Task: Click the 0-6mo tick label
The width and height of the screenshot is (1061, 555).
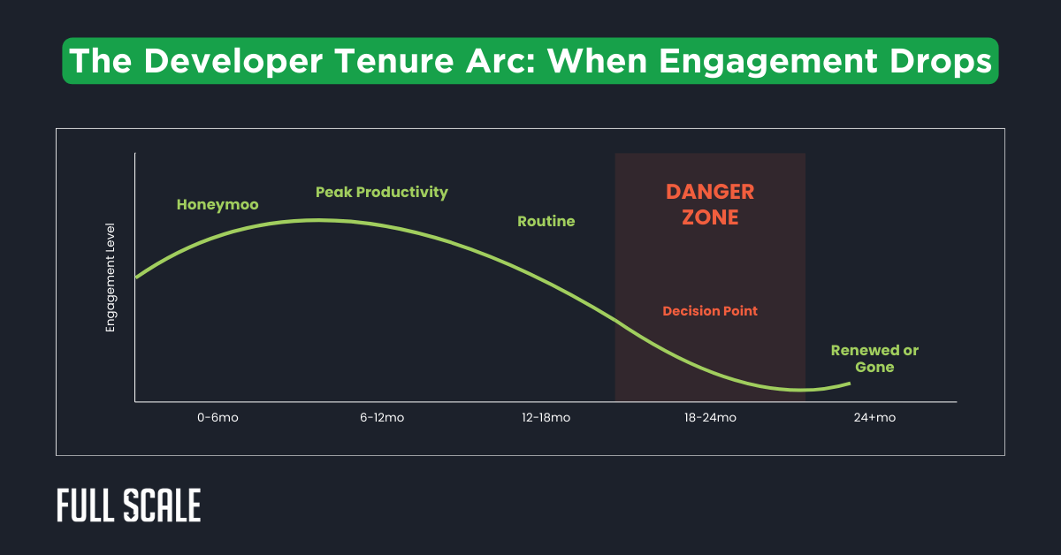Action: [218, 418]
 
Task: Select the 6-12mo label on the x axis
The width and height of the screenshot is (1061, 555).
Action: [382, 418]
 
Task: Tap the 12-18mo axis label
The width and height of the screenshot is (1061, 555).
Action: [546, 418]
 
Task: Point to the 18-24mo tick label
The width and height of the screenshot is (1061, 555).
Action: [711, 418]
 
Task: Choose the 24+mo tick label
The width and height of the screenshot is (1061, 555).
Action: [874, 418]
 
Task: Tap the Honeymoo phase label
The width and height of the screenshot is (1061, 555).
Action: [218, 205]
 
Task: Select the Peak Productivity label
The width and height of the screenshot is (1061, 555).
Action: [382, 192]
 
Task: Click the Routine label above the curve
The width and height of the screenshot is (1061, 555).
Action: [546, 221]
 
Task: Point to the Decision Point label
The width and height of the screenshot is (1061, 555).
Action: [710, 311]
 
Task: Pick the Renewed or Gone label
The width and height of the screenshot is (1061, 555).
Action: [874, 358]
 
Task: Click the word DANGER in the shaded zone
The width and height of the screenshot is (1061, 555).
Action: [710, 192]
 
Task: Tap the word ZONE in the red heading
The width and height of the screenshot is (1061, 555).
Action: [710, 217]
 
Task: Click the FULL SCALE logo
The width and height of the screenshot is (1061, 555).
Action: [129, 506]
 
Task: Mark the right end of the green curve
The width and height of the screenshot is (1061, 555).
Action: [850, 384]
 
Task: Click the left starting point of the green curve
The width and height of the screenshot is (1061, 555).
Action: [136, 277]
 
